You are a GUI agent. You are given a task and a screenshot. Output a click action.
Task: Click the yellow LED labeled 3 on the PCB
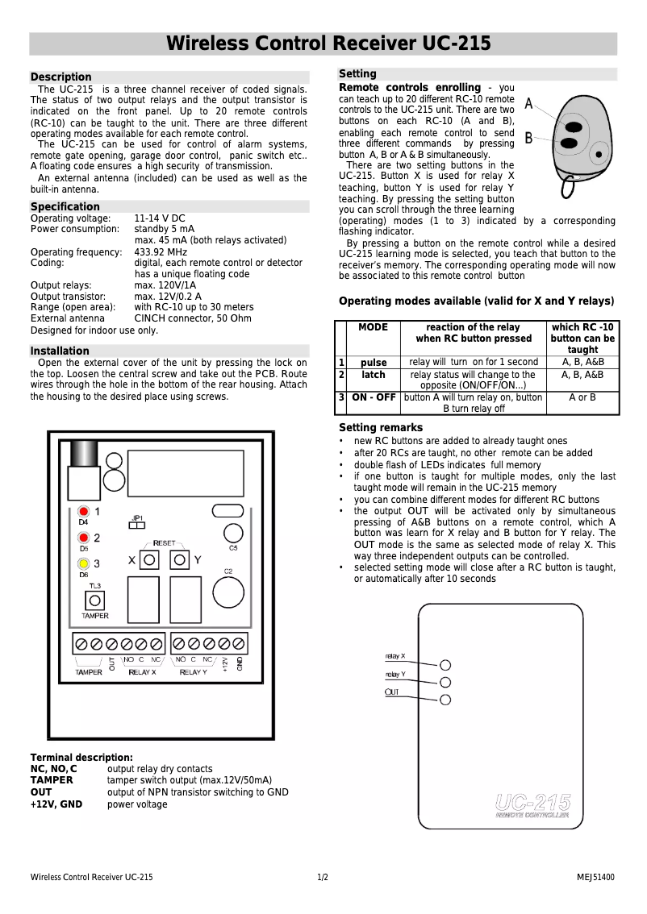pyautogui.click(x=83, y=564)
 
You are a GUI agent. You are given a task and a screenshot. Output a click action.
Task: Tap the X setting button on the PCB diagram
pyautogui.click(x=148, y=559)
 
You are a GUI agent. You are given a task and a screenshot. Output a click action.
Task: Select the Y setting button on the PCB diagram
pyautogui.click(x=180, y=559)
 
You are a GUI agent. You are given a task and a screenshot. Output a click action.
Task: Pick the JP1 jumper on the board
pyautogui.click(x=137, y=526)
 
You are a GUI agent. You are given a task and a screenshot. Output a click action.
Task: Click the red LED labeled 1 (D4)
pyautogui.click(x=83, y=512)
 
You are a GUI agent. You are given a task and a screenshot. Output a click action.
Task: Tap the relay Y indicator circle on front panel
pyautogui.click(x=445, y=682)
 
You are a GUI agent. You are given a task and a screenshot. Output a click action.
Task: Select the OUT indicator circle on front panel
pyautogui.click(x=445, y=700)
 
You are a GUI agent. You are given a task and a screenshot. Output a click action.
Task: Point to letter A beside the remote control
pyautogui.click(x=528, y=104)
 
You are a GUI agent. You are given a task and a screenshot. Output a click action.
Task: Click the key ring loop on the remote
pyautogui.click(x=568, y=187)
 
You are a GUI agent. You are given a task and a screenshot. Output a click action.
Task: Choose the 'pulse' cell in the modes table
pyautogui.click(x=374, y=363)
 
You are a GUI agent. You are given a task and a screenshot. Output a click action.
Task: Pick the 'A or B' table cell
pyautogui.click(x=582, y=397)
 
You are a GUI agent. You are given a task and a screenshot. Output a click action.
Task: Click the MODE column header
pyautogui.click(x=373, y=327)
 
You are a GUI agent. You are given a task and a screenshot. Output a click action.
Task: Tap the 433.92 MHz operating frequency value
pyautogui.click(x=161, y=252)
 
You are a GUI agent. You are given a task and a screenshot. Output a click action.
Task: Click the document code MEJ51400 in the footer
pyautogui.click(x=595, y=877)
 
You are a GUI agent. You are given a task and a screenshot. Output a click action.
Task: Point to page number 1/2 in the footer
pyautogui.click(x=323, y=877)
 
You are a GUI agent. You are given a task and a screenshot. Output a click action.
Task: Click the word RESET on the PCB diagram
pyautogui.click(x=165, y=543)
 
